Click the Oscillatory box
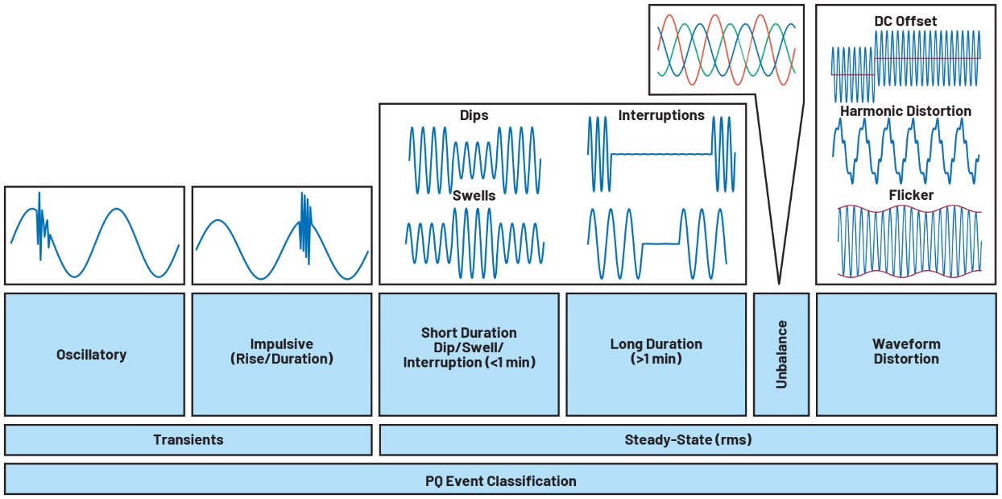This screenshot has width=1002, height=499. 94,354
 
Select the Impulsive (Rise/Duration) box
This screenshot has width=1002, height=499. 281,354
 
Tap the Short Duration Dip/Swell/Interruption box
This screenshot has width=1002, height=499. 469,354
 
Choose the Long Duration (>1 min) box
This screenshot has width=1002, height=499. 656,354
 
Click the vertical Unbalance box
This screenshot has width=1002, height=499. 780,354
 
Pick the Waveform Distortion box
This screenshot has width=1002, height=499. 906,354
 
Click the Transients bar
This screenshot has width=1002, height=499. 188,440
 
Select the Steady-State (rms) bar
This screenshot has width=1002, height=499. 687,440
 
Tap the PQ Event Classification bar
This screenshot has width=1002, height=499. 500,481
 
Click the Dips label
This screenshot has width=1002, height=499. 474,116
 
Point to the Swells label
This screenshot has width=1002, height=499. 473,195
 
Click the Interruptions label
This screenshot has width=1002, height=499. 660,116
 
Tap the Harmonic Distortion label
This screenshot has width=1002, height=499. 905,111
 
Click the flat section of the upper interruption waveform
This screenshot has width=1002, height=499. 660,153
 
